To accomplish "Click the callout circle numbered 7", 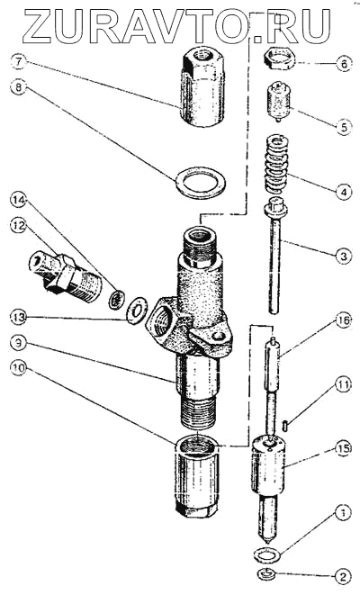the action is tap(19, 61).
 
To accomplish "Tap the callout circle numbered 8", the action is tap(19, 87).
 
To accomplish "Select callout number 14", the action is tap(19, 201).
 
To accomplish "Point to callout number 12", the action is tap(19, 227).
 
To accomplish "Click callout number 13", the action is tap(19, 317).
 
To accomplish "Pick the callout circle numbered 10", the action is tap(19, 369).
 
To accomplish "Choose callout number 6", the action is tap(343, 64).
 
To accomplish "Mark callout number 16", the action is tap(343, 321).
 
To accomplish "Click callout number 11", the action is tap(343, 385).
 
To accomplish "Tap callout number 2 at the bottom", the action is tap(343, 577).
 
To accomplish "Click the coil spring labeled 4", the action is tap(275, 166).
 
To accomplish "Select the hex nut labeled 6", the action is tap(278, 58).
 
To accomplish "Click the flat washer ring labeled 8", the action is tap(201, 182).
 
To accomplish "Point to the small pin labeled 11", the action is tap(286, 424).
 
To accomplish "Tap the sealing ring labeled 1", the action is tap(267, 554).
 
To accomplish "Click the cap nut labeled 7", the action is tap(202, 89).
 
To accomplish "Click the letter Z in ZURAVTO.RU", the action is tap(42, 26).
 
